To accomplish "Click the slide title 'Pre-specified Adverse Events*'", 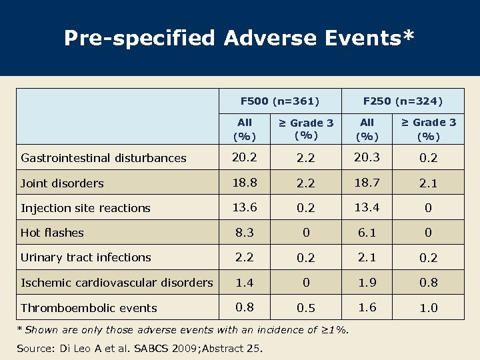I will click(239, 37).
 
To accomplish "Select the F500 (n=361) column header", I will click(280, 101).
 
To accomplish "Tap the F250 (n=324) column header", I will click(403, 101).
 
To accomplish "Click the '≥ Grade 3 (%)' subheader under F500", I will click(305, 129).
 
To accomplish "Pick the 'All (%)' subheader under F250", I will click(367, 129).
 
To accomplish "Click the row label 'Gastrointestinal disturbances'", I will click(104, 158).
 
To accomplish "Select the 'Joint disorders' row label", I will click(63, 183).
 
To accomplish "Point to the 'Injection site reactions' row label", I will click(85, 208).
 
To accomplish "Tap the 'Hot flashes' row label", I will click(53, 233).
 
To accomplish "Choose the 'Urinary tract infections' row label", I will click(86, 257).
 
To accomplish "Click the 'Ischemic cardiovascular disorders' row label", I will click(117, 283).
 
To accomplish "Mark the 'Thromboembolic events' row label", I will click(89, 308).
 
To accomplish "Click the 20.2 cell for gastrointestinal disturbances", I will click(245, 157).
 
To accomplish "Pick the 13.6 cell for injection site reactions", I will click(245, 207).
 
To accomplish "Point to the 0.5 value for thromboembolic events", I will click(305, 309).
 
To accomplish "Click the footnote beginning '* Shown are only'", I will click(185, 329).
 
